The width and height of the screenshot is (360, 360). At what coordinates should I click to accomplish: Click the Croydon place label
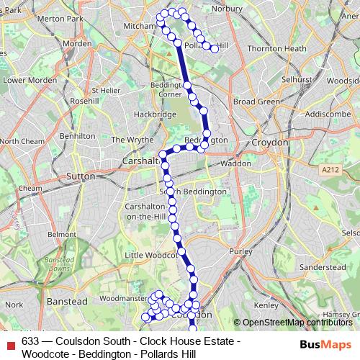pos(269,143)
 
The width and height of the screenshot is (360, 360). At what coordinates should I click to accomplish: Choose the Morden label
pos(77,43)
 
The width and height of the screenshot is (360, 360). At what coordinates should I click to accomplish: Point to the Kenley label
pos(266,305)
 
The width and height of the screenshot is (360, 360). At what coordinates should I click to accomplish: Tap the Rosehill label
pos(84,102)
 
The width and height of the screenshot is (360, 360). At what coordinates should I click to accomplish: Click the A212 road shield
pos(330,169)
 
